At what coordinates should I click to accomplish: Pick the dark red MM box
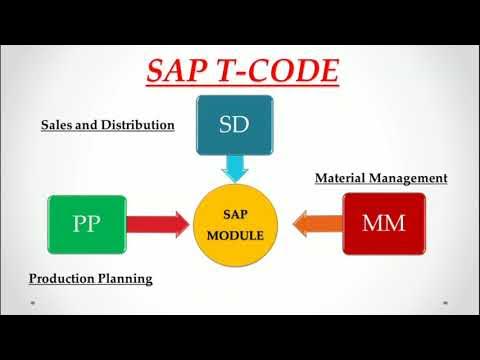coord(383,222)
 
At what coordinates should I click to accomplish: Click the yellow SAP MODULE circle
coord(239,222)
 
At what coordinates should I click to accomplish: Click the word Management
coord(410,179)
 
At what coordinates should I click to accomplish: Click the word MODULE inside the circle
coord(239,232)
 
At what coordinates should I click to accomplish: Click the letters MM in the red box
coord(383,223)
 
